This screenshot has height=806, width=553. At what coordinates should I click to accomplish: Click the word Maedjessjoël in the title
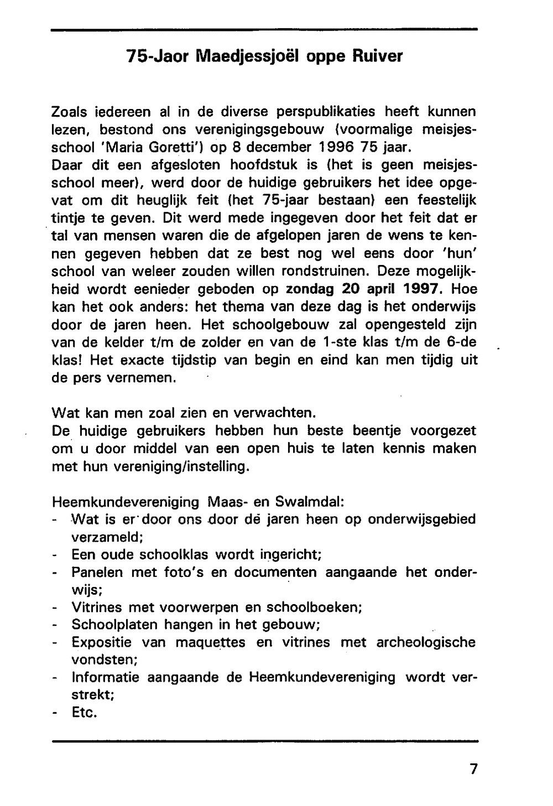coord(245,56)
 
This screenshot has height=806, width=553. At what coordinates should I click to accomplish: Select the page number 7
coord(473,769)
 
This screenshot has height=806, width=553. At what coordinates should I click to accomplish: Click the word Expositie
coord(102,642)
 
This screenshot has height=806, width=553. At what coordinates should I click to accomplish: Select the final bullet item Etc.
coord(85,713)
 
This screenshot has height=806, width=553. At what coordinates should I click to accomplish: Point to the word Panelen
coord(98,572)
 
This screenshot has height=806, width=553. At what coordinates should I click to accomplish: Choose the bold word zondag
coord(310,289)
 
